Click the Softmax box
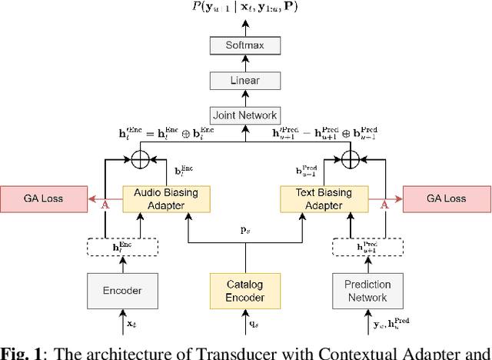point(244,45)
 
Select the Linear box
point(244,80)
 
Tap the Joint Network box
point(244,115)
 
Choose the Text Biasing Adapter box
point(324,199)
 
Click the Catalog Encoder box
point(244,292)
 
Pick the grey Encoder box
point(123,292)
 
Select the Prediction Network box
point(367,291)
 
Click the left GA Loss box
point(43,198)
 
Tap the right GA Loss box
point(446,198)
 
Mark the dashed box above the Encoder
point(123,247)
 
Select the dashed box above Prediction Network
point(367,247)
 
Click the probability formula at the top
point(244,8)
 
